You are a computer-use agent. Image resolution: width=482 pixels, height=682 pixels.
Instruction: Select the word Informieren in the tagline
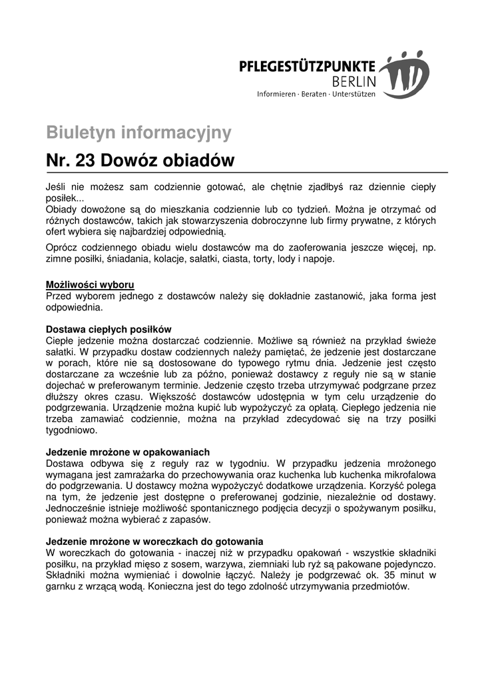(x=276, y=95)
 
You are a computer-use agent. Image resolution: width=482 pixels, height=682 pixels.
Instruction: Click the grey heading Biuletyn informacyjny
(x=138, y=133)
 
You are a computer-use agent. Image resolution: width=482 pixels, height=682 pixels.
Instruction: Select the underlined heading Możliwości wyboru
(x=90, y=284)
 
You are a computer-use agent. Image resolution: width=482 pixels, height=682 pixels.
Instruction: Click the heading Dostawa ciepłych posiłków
(x=109, y=329)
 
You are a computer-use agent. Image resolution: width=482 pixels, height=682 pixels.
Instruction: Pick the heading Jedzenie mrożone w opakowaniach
(x=128, y=451)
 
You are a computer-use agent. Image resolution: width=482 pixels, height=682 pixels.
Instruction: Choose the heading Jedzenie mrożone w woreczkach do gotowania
(x=154, y=541)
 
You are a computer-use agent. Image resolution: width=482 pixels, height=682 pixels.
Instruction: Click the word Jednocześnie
(x=77, y=508)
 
